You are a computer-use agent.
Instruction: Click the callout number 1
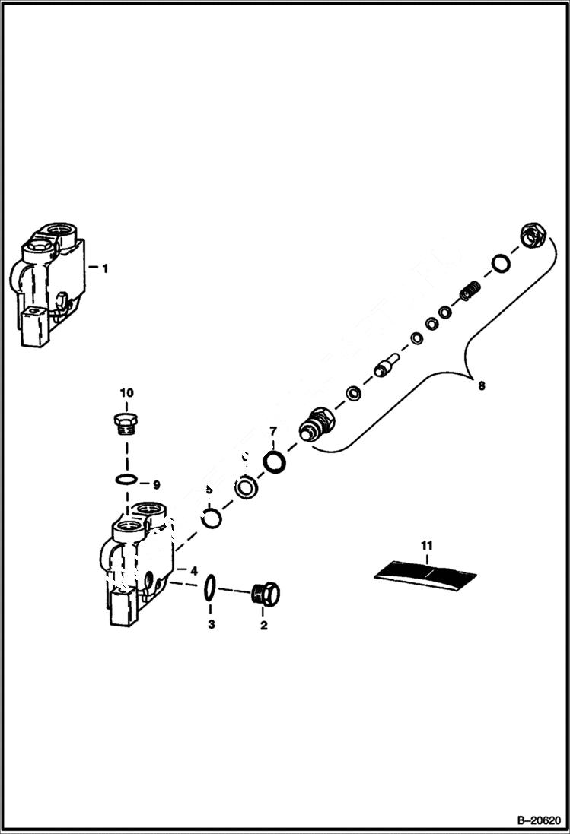105,268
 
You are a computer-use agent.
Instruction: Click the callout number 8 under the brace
480,385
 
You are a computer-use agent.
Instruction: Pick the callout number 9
156,484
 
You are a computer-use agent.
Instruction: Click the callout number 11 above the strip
426,544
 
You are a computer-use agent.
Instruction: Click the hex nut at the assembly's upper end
530,236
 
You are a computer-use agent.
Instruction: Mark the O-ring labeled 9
127,480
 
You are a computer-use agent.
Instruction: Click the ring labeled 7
274,461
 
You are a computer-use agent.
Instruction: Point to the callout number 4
194,570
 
